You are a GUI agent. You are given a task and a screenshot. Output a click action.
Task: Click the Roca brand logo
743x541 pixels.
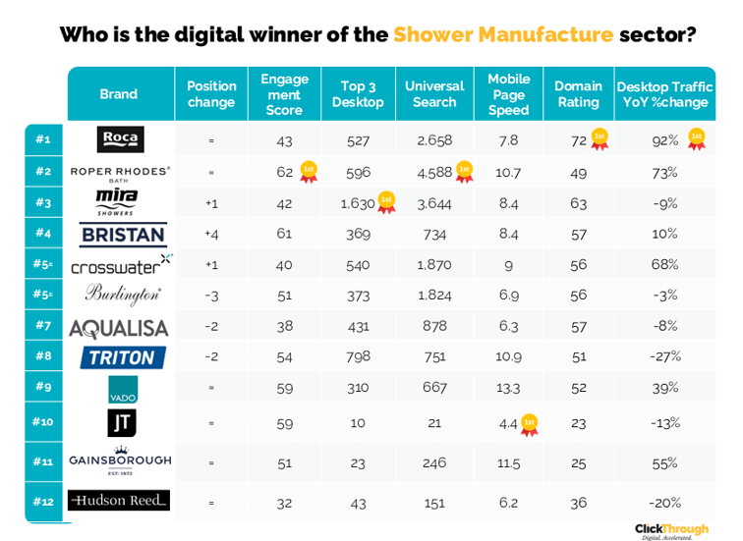(121, 139)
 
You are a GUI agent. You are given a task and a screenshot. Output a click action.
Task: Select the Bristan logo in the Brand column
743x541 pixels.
(122, 235)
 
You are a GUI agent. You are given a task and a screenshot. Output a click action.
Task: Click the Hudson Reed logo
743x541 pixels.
(119, 501)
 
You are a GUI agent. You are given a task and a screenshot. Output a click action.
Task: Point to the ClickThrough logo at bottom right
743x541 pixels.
(671, 530)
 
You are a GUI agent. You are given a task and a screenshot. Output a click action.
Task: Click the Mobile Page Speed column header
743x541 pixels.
(508, 94)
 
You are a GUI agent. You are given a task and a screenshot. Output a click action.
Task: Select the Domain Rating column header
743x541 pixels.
(577, 94)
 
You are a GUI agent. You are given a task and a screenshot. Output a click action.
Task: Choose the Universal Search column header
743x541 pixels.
(434, 94)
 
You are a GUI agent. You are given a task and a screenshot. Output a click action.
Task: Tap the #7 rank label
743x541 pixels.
(42, 325)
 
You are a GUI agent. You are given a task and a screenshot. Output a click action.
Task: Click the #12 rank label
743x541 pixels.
(42, 502)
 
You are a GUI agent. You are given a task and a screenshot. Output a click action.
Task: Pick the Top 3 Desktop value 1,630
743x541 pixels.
(358, 203)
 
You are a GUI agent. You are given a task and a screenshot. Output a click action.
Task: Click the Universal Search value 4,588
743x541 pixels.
(433, 172)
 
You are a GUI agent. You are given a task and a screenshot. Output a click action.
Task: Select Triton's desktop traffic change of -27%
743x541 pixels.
(664, 356)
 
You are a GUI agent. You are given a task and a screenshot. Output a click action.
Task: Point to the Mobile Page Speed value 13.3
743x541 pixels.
(508, 388)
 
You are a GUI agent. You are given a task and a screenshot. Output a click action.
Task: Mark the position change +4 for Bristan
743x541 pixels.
(210, 235)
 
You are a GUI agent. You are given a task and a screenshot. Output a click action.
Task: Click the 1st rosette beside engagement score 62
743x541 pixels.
(308, 173)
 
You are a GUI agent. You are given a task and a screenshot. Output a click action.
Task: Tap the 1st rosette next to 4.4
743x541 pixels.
(530, 424)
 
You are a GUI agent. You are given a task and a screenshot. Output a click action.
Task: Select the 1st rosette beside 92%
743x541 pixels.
(697, 139)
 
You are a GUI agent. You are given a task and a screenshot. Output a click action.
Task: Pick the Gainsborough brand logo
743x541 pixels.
(120, 459)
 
